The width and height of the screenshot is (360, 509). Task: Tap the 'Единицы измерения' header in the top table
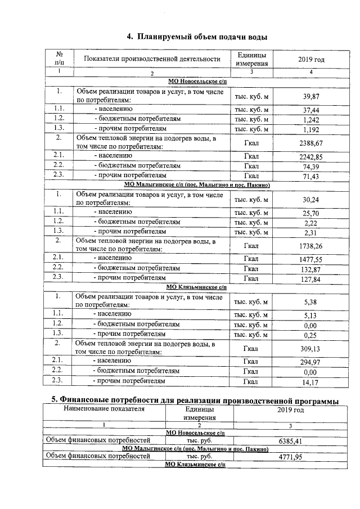pos(251,59)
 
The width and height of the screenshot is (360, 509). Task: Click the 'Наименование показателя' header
pos(103,409)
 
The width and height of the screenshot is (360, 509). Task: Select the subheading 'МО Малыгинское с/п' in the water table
pos(196,185)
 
